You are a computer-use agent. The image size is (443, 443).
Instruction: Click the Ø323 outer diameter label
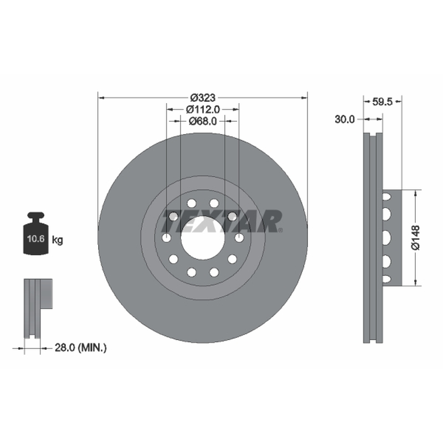[203, 98]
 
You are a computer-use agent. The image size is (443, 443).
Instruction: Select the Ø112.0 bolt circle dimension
[203, 109]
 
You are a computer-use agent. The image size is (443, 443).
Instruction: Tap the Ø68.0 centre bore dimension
[203, 121]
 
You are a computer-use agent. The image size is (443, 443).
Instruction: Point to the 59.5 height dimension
[382, 102]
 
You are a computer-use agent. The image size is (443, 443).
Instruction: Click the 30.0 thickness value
[344, 119]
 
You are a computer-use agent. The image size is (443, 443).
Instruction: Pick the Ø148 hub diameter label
[416, 238]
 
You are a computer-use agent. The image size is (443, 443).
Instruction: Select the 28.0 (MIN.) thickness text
[80, 348]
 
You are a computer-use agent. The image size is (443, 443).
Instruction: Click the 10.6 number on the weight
[36, 239]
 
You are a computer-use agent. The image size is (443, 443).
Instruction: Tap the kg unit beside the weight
[58, 240]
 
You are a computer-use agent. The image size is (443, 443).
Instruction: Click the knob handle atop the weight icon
[36, 215]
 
